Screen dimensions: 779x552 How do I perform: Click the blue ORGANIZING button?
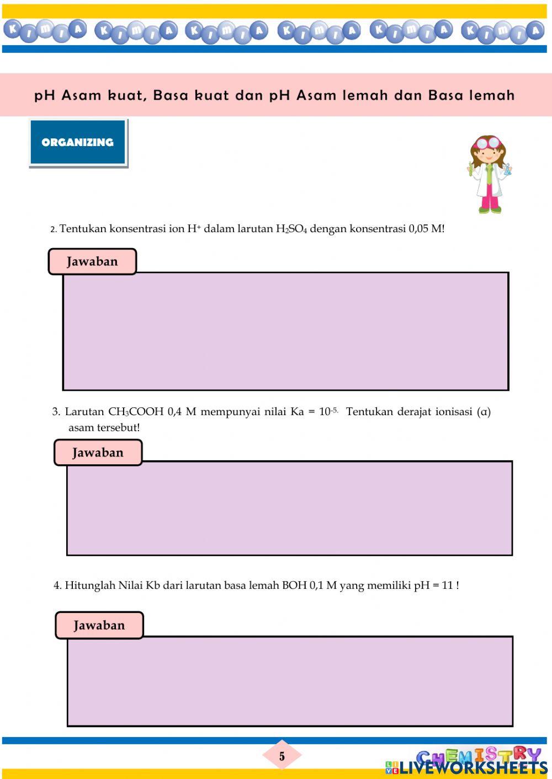[78, 142]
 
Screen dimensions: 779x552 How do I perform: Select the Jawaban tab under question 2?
[92, 261]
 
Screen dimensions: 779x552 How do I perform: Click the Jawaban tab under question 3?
[98, 453]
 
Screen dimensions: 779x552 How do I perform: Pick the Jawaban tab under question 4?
[99, 625]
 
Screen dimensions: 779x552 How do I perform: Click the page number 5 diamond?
[282, 756]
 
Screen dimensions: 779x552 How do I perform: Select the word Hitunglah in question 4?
[89, 585]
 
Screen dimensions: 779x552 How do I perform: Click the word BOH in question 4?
[294, 585]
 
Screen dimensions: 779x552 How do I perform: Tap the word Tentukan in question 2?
[82, 229]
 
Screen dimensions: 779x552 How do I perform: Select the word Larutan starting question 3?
[84, 412]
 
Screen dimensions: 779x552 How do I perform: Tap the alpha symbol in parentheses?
[484, 412]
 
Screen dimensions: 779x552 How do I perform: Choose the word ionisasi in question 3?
[454, 412]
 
